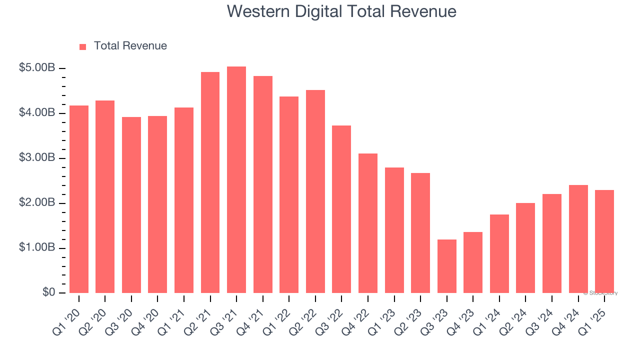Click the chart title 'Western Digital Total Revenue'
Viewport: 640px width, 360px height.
coord(341,11)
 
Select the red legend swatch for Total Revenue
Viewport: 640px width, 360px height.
coord(83,46)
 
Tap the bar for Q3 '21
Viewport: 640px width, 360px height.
coord(236,179)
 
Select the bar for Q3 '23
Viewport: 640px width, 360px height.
coord(446,266)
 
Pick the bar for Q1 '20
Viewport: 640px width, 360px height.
coord(79,199)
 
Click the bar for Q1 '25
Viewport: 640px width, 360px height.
coord(604,241)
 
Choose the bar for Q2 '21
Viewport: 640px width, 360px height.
coord(210,182)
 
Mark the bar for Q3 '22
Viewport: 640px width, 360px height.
coord(341,209)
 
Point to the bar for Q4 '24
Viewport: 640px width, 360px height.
coord(578,238)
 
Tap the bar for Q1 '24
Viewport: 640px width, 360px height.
coord(499,253)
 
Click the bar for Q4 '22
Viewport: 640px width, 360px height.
coord(367,223)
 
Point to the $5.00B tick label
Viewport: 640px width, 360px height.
coord(36,68)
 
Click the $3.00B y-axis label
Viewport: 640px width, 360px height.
coord(36,158)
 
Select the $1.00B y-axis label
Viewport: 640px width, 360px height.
coord(36,248)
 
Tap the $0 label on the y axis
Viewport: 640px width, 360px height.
coord(48,292)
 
